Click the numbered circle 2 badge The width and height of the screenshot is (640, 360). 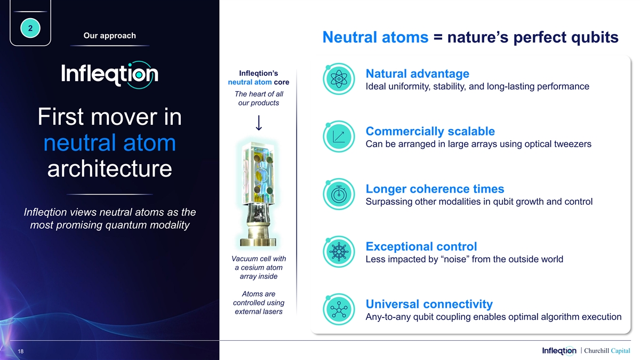[x=30, y=28]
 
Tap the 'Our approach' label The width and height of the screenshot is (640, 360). [x=110, y=35]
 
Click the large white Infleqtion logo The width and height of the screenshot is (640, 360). [x=110, y=74]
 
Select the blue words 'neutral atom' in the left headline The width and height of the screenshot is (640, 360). [x=110, y=142]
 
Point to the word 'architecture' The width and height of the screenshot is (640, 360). [x=110, y=169]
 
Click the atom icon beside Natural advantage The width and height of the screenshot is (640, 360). [x=339, y=79]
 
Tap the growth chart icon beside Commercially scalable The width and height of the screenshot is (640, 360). [x=339, y=137]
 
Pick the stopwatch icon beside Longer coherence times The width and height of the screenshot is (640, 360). [x=339, y=194]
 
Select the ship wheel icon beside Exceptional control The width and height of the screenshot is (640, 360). [x=339, y=252]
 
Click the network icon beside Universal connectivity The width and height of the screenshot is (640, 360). [x=339, y=309]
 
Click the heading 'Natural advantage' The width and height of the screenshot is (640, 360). [x=418, y=74]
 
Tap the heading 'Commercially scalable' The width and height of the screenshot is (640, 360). [x=430, y=131]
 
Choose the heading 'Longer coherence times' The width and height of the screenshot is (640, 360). [x=435, y=189]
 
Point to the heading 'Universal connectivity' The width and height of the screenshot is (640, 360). [x=429, y=304]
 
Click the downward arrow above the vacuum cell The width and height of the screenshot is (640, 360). [x=259, y=123]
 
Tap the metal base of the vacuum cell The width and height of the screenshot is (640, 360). [x=258, y=236]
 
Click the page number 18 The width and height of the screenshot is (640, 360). [x=21, y=351]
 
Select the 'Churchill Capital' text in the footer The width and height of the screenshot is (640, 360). [x=607, y=350]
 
